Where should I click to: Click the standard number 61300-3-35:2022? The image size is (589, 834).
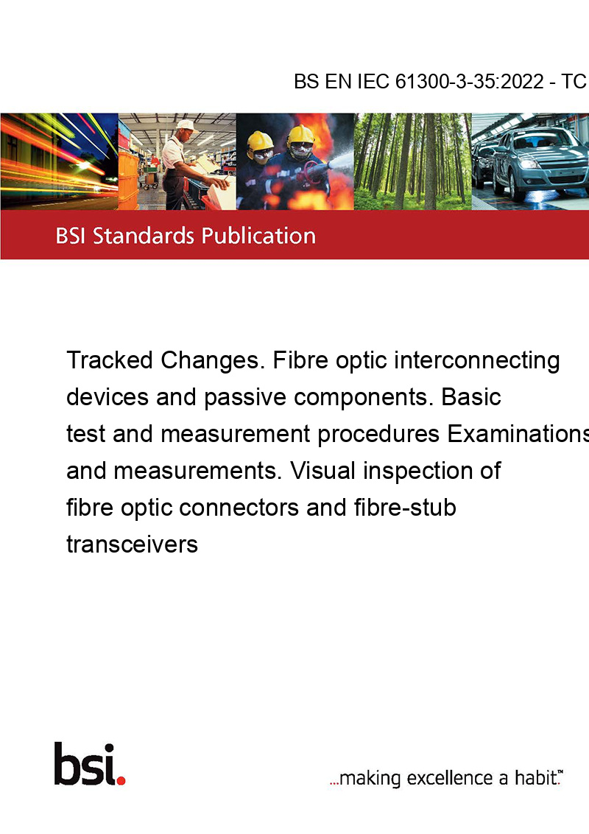pos(470,82)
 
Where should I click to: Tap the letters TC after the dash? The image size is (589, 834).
pos(574,82)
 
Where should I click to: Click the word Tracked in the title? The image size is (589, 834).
pos(110,360)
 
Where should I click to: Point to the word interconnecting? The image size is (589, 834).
pos(477,360)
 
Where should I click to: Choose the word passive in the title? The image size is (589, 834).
pos(245,398)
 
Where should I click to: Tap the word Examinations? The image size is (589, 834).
pos(518,434)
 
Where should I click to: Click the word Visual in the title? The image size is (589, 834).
pos(322,471)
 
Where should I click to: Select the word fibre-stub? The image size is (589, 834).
pos(405,508)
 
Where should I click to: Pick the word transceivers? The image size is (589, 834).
pos(132,544)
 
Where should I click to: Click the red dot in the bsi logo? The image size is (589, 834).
pos(121,780)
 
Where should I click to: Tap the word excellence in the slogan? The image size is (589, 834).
pos(450,778)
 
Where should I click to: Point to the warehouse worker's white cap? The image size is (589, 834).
pos(186,125)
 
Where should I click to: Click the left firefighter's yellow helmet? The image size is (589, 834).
pos(260,141)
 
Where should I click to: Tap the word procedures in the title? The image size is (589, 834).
pos(378,434)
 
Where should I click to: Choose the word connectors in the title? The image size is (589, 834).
pos(239,508)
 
